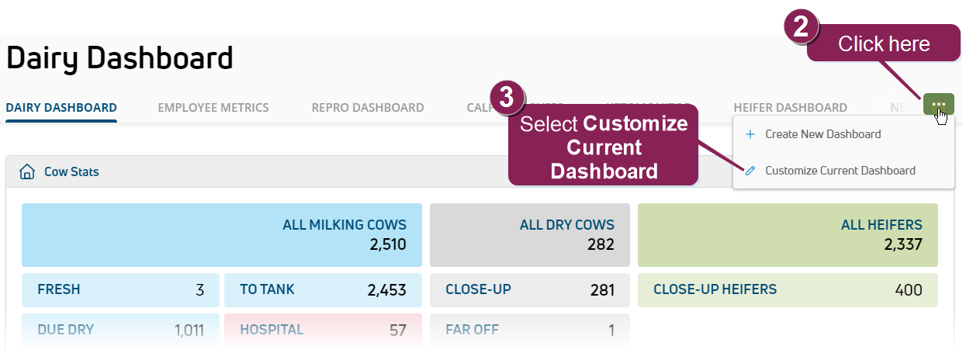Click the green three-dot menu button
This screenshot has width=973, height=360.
click(938, 104)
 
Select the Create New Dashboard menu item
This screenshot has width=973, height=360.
click(822, 134)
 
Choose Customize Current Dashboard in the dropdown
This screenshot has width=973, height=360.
click(840, 171)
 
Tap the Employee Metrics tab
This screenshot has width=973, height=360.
click(213, 108)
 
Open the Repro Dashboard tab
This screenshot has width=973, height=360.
click(368, 108)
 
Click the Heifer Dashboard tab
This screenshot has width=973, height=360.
click(790, 108)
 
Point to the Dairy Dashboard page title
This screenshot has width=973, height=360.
click(119, 59)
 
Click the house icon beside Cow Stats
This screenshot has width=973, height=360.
click(27, 171)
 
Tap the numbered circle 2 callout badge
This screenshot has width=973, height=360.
click(802, 27)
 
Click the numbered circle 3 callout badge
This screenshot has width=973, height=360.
click(506, 97)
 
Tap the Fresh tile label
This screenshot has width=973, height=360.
click(58, 289)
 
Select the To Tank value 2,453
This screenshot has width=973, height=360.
click(386, 290)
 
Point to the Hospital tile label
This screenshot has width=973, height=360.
click(272, 330)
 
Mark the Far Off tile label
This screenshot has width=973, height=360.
click(472, 330)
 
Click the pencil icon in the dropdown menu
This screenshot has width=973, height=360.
click(750, 171)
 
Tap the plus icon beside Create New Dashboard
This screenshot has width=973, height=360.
click(750, 134)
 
